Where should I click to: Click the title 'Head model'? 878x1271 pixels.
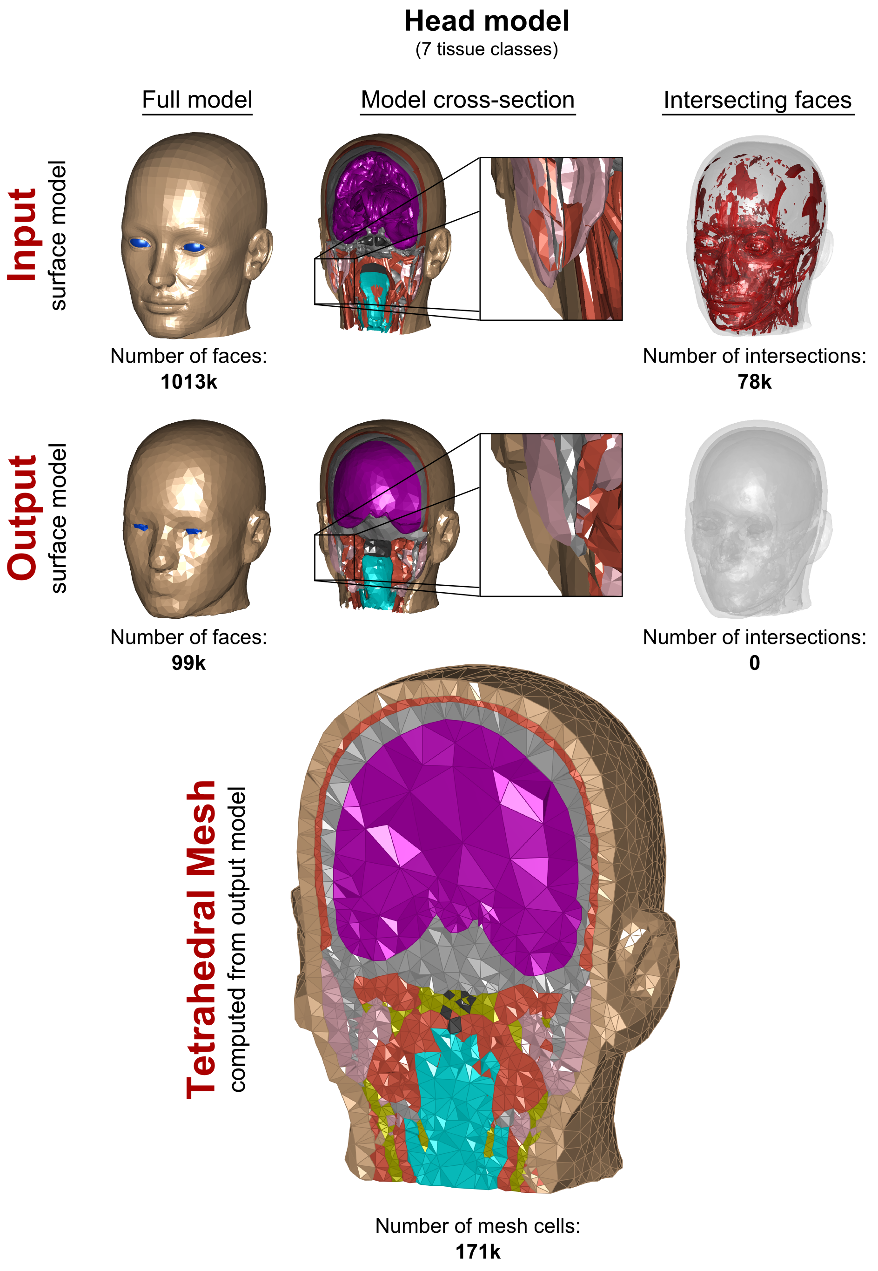click(x=486, y=22)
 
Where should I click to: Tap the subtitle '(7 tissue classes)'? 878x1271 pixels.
click(x=486, y=49)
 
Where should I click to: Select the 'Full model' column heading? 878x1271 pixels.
click(x=197, y=100)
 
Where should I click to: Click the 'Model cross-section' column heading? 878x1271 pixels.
click(x=468, y=100)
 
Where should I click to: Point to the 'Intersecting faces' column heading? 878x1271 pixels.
click(x=757, y=100)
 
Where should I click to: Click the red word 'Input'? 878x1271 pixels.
click(x=22, y=235)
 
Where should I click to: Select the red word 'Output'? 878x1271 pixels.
click(x=22, y=517)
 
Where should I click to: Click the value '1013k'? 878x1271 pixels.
click(x=189, y=382)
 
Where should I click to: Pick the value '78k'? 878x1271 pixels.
click(x=754, y=382)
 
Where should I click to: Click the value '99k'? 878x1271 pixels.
click(x=189, y=663)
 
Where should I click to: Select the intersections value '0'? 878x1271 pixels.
click(x=754, y=663)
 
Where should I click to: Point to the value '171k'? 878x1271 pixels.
click(x=477, y=1252)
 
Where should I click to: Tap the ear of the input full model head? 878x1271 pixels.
click(x=259, y=253)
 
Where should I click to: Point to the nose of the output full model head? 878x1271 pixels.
click(x=160, y=559)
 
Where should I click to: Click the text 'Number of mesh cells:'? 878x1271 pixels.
click(x=477, y=1226)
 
